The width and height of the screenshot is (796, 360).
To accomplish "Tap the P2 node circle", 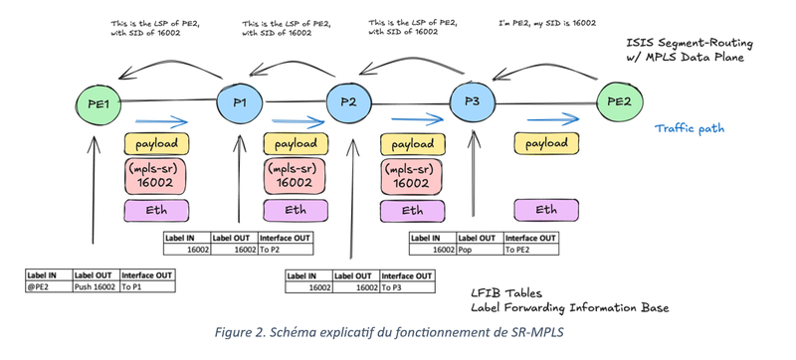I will pos(349,103).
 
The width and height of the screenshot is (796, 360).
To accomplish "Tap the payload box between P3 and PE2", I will pos(546,144).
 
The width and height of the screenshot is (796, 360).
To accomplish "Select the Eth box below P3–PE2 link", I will pos(546,210).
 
